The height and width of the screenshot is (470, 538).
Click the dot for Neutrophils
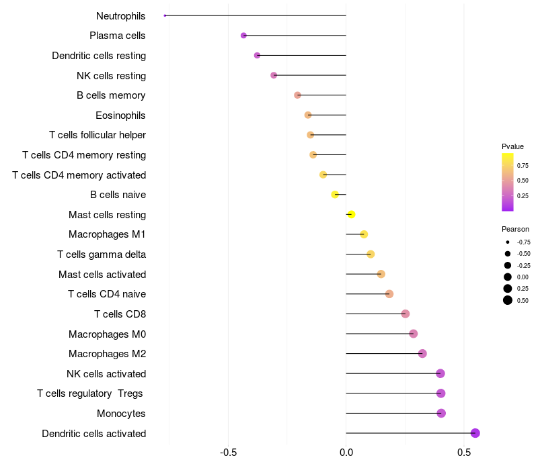pos(165,15)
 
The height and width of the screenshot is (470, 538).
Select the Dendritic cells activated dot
pos(475,433)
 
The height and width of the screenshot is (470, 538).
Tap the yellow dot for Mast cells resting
pos(350,215)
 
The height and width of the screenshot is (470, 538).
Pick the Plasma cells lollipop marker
pos(243,36)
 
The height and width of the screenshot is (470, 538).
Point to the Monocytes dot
pos(441,413)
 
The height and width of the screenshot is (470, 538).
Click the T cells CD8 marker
pos(405,314)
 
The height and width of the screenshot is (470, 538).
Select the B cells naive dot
pos(335,195)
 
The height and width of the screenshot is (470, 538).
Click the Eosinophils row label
pos(120,115)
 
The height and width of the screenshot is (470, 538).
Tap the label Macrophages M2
pos(107,354)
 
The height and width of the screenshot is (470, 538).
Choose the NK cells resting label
pos(111,76)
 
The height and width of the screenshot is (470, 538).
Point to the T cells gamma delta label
pos(102,254)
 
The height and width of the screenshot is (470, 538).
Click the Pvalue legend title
pos(512,146)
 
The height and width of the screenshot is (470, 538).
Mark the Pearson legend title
pos(515,229)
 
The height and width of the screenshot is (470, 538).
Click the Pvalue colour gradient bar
pos(508,181)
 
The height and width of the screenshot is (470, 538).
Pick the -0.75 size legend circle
pos(508,242)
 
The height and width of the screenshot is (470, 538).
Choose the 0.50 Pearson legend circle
pos(508,300)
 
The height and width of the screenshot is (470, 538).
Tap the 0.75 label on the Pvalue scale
pos(523,165)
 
